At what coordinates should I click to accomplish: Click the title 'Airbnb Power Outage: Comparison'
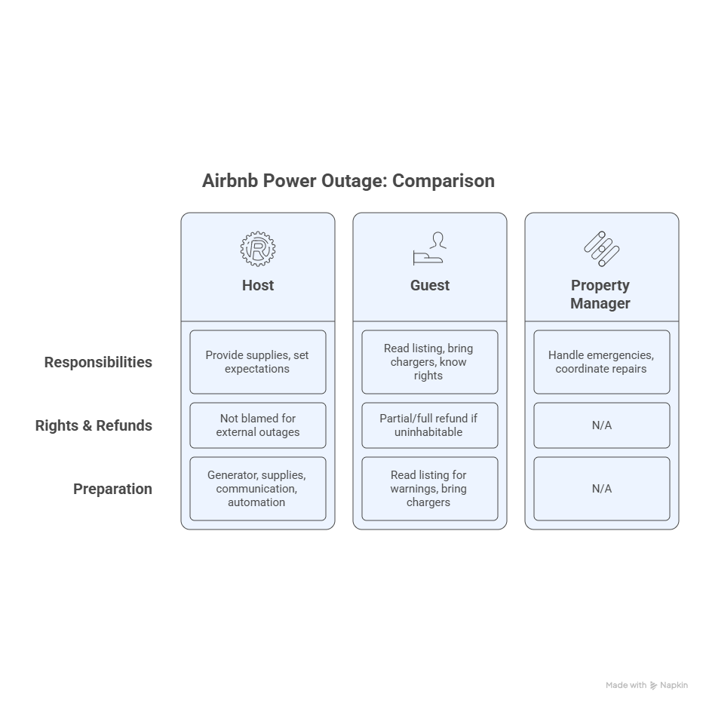click(348, 181)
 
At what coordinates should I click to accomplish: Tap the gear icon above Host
click(258, 249)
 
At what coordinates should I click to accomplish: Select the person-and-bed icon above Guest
click(429, 249)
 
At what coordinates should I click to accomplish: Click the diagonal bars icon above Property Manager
click(602, 249)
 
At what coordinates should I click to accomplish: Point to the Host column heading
click(258, 285)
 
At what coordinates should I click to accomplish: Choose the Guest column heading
click(430, 285)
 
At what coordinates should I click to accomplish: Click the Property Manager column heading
click(600, 294)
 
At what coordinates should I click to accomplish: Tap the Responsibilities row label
click(98, 363)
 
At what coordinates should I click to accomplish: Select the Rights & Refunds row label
click(94, 425)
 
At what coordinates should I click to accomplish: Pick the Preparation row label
click(112, 489)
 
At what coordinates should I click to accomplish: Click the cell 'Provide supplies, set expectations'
click(258, 362)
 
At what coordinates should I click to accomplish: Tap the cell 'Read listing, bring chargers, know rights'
click(430, 362)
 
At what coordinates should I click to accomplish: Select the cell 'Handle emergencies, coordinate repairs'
click(602, 362)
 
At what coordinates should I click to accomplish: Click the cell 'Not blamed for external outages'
click(258, 425)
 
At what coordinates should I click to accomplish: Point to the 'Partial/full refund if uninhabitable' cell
click(430, 425)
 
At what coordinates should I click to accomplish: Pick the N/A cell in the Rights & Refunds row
click(602, 425)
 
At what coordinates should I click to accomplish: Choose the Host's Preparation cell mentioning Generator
click(258, 489)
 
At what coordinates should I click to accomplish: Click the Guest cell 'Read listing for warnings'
click(430, 489)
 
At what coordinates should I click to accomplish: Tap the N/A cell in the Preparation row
click(602, 489)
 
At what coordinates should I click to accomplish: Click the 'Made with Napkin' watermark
click(646, 686)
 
